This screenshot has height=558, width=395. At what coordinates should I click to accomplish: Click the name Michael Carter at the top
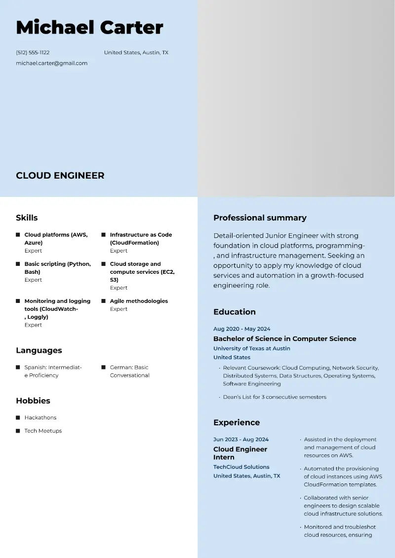[x=89, y=28]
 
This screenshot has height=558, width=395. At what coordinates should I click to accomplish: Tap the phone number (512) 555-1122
[x=33, y=53]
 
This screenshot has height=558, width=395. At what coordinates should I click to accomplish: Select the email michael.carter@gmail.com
[x=51, y=63]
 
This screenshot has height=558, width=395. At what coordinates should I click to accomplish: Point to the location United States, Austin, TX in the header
[x=136, y=53]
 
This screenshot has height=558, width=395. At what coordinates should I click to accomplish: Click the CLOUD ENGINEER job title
[x=60, y=176]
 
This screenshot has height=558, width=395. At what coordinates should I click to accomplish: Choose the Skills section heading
[x=27, y=218]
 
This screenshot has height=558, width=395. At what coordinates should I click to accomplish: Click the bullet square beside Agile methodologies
[x=104, y=301]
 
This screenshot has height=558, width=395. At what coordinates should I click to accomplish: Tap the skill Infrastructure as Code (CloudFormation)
[x=141, y=239]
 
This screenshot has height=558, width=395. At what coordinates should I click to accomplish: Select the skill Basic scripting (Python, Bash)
[x=57, y=268]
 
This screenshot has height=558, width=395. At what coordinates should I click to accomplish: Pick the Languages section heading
[x=39, y=350]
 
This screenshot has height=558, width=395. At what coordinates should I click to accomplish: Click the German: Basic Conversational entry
[x=129, y=371]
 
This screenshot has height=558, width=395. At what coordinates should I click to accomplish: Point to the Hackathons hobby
[x=40, y=417]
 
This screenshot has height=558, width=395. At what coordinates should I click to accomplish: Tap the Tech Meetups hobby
[x=43, y=431]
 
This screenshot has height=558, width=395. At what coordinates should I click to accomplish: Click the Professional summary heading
[x=260, y=218]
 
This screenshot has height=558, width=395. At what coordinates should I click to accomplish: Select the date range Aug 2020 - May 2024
[x=241, y=329]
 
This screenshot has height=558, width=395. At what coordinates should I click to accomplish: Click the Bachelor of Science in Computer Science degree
[x=284, y=339]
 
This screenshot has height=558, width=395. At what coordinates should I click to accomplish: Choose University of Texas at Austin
[x=251, y=348]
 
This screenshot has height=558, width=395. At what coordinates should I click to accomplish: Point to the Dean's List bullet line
[x=274, y=397]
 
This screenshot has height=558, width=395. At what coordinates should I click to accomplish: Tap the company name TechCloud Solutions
[x=241, y=467]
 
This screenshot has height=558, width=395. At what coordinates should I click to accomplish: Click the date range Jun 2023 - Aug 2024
[x=241, y=440]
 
